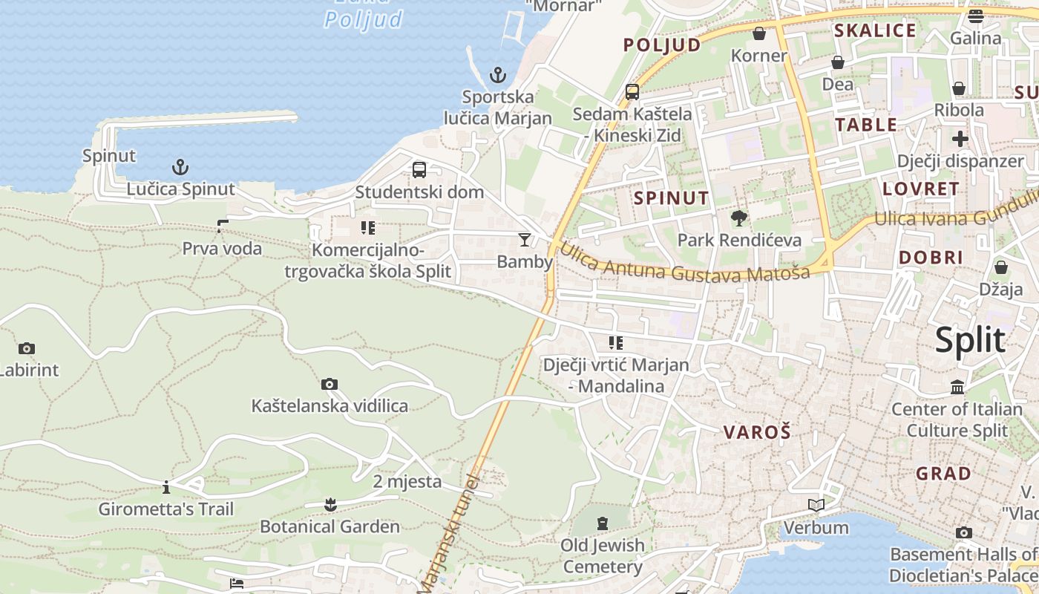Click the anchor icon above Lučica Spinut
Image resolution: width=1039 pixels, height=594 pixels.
coord(180,166)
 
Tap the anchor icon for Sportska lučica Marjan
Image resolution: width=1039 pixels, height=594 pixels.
coord(498,75)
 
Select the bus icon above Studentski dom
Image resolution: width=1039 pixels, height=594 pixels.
coord(419,170)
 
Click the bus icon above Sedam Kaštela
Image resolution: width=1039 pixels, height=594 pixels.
coord(632,92)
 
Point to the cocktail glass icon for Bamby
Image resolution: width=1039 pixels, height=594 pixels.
coord(525,239)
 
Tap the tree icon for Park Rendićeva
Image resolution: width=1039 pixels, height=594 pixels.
coord(738,218)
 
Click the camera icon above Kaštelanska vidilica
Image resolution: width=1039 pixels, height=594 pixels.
coord(330,384)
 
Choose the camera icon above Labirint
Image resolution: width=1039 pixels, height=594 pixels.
coord(27,348)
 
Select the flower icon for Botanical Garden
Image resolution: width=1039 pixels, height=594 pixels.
coord(330,505)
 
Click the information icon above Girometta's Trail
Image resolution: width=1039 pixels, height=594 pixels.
coord(166,487)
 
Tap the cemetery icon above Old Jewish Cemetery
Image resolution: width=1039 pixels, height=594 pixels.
coord(602,523)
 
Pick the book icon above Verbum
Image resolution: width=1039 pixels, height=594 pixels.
coord(816,506)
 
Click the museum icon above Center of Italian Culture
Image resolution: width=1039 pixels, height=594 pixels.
coord(957,387)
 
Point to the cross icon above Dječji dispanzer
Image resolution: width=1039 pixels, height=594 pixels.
coord(960,139)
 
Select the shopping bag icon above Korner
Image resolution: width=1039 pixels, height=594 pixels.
coord(758,33)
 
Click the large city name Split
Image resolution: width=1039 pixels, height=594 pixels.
coord(970,340)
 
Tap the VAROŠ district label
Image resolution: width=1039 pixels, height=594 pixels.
coord(757,432)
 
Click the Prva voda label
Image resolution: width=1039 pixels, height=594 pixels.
coord(222,248)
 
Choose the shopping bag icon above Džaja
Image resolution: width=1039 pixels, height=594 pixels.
coord(1001,267)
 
